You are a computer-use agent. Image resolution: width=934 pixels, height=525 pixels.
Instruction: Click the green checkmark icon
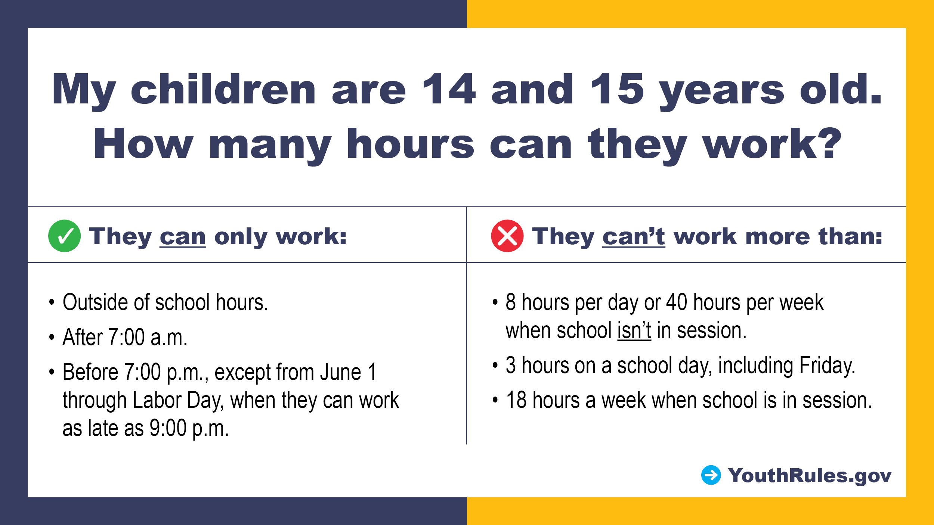[x=64, y=236]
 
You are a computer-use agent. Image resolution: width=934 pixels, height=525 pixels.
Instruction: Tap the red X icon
[x=507, y=236]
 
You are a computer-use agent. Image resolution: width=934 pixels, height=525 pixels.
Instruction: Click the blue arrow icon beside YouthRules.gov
[x=711, y=475]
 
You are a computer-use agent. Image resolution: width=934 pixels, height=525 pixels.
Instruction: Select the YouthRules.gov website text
[x=810, y=476]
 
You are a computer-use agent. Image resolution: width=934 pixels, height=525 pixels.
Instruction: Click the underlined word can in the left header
[x=183, y=237]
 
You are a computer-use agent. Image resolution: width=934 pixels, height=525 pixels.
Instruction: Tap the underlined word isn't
[x=634, y=330]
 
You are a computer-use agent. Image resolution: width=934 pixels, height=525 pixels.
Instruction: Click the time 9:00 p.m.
[x=189, y=428]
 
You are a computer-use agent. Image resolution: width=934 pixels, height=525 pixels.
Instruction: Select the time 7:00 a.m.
[x=148, y=337]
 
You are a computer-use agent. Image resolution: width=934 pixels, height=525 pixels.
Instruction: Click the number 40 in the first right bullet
[x=677, y=302]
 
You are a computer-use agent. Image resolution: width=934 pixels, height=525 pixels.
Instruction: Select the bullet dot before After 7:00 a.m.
[x=52, y=337]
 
